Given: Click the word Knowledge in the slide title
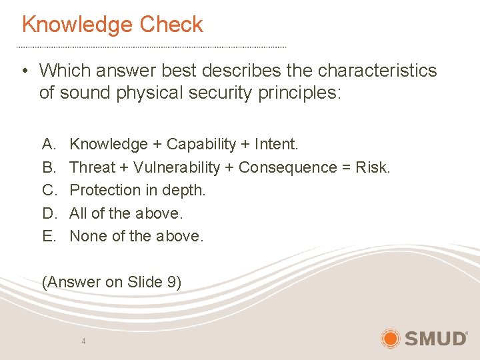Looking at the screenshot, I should coord(69,25).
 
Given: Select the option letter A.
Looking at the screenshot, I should coord(48,145).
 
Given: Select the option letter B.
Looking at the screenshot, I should coord(48,167).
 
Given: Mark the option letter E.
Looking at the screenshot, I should coord(48,236).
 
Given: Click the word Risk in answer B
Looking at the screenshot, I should coord(372,167).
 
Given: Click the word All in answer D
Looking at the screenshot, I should coord(79,213).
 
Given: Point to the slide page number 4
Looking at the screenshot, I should coord(83,341).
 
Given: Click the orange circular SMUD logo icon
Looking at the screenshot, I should coord(390,338).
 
